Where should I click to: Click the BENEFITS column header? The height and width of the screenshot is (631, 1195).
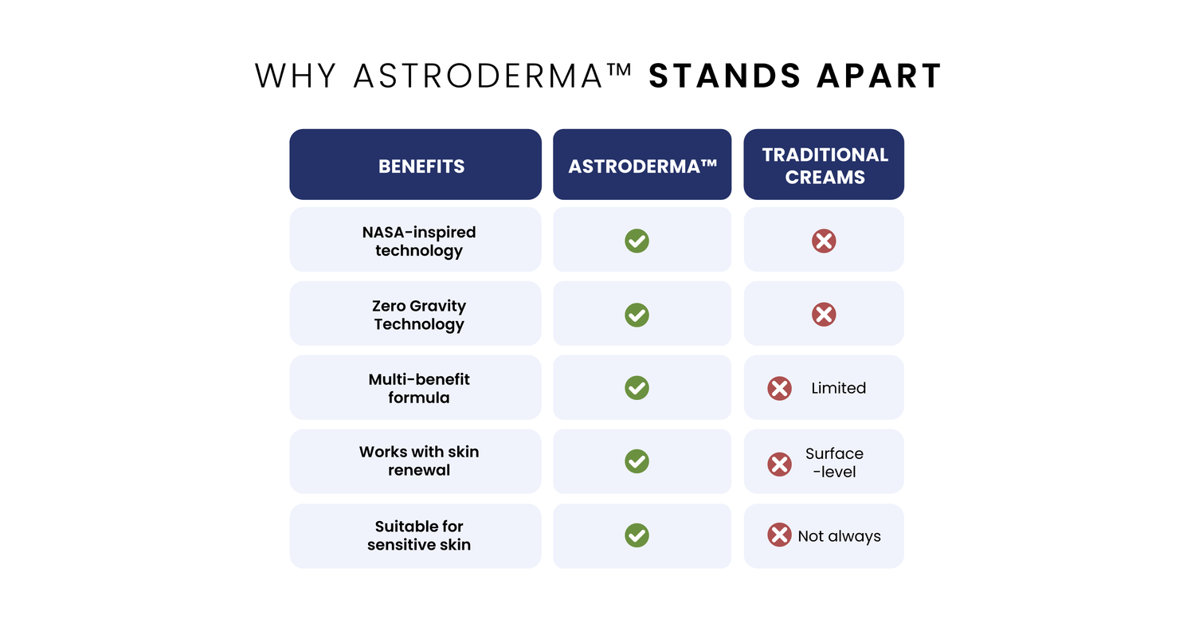[421, 167]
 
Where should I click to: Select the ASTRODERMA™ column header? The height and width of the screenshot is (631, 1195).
[642, 167]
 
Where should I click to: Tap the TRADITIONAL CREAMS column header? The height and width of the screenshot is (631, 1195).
[825, 166]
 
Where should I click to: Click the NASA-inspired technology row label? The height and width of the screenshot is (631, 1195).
[419, 241]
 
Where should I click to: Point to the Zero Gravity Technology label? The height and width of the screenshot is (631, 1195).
[419, 315]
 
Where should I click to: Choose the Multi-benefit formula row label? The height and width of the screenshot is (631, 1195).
[419, 388]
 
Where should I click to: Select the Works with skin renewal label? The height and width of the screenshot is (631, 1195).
[419, 461]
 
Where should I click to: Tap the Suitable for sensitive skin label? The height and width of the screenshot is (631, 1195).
[419, 535]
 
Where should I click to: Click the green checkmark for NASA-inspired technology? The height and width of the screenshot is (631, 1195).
[637, 241]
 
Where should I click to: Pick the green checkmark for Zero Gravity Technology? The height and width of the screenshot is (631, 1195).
[637, 315]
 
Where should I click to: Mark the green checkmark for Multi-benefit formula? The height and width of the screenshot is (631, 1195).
[637, 388]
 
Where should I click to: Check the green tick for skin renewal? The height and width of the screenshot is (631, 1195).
[637, 461]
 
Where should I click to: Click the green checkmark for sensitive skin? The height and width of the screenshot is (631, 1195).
[637, 535]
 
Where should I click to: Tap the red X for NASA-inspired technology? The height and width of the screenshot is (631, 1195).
[824, 241]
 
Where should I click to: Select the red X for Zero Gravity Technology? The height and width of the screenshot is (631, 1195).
[824, 315]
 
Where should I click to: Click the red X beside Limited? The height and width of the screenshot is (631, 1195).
[779, 388]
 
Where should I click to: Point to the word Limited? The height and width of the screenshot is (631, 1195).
[839, 388]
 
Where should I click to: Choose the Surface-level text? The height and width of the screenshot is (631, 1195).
[834, 462]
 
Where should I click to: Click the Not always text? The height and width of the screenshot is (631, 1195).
[839, 536]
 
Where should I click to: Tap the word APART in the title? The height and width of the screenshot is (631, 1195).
[880, 76]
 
